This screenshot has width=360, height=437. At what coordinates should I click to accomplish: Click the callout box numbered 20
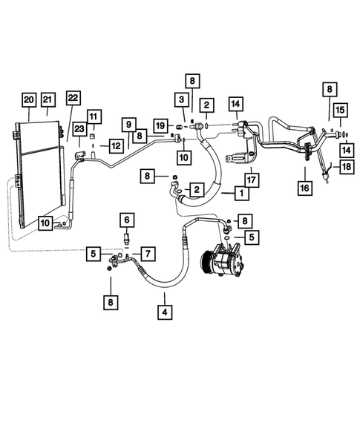(28, 99)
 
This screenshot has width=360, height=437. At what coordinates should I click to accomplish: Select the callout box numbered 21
(48, 99)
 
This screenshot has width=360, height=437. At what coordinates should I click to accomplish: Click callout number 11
(94, 116)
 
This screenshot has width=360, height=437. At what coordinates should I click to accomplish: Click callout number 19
(160, 126)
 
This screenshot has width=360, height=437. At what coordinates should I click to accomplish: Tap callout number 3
(180, 100)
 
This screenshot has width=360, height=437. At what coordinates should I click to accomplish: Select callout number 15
(340, 111)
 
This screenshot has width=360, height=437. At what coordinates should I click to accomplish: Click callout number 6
(126, 220)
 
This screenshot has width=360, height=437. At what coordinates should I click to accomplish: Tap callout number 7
(147, 254)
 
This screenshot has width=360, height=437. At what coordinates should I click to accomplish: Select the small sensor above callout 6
(126, 238)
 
